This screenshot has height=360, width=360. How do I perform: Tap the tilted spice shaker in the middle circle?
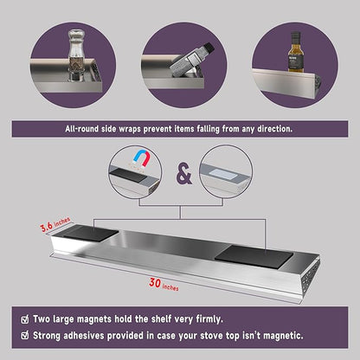pyautogui.click(x=191, y=61)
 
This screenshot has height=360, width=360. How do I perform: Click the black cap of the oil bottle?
pyautogui.click(x=295, y=35)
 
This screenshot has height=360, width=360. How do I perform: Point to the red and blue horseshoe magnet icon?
pyautogui.click(x=141, y=159)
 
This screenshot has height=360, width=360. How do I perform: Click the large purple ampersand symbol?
pyautogui.click(x=184, y=174)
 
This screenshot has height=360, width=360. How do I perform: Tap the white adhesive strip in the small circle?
pyautogui.click(x=222, y=175)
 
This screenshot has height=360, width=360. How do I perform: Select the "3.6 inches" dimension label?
pyautogui.click(x=55, y=224)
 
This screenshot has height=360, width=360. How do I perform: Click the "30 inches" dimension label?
pyautogui.click(x=164, y=285)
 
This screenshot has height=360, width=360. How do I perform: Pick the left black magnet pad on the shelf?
pyautogui.click(x=91, y=233)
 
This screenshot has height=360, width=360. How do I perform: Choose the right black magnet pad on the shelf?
pyautogui.click(x=254, y=257)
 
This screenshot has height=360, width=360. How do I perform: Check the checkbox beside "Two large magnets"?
pyautogui.click(x=25, y=319)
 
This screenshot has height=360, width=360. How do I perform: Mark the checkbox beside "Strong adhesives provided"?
pyautogui.click(x=25, y=336)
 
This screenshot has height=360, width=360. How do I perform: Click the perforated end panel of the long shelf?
pyautogui.click(x=311, y=277)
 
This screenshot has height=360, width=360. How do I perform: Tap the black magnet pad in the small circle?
pyautogui.click(x=127, y=175)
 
